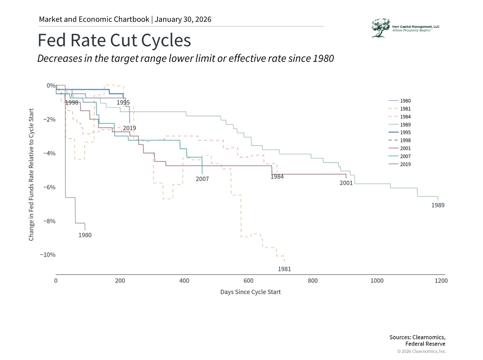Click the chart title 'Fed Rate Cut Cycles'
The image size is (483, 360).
(x=114, y=41)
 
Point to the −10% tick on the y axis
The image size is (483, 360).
(x=47, y=255)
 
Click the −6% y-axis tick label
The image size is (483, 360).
(x=49, y=187)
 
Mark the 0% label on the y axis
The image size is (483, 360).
(x=51, y=86)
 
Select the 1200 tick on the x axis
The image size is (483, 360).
(x=441, y=281)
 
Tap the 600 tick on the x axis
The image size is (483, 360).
(x=248, y=281)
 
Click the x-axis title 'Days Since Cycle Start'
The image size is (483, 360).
(x=250, y=292)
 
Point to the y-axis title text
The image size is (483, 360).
(x=31, y=174)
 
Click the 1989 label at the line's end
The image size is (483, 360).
(x=438, y=205)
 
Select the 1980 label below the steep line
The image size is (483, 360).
(x=85, y=235)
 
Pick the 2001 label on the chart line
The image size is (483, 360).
(x=346, y=183)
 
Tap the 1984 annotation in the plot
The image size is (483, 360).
(x=277, y=177)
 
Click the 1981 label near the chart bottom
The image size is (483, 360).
(x=284, y=269)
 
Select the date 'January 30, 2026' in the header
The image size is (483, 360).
(x=183, y=19)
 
